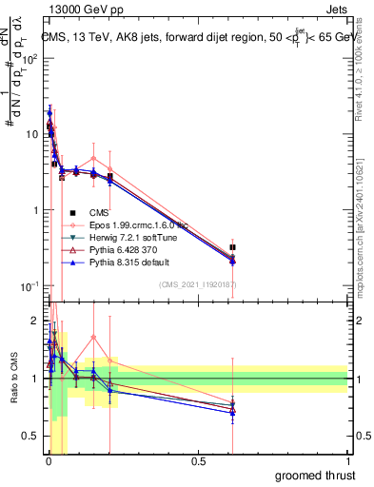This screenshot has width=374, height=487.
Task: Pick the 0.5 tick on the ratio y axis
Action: coord(33,437)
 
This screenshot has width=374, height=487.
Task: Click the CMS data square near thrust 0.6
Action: coord(233,247)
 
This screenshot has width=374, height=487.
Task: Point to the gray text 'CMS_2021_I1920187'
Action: coord(198,284)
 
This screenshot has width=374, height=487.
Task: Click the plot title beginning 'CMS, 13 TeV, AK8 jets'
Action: coord(195,38)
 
